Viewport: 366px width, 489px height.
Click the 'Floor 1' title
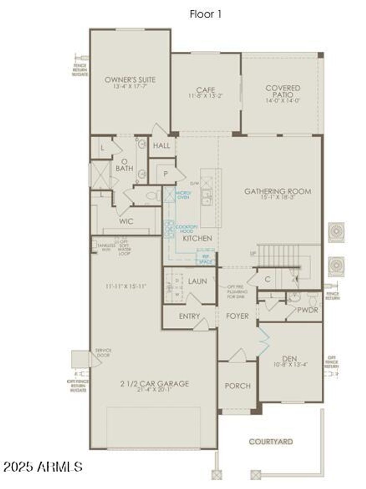(206, 14)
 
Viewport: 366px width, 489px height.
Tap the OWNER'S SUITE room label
(130, 80)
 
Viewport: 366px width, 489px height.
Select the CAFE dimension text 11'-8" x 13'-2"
(206, 96)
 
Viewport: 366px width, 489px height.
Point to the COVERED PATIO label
(283, 91)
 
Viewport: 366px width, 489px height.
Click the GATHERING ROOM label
(277, 191)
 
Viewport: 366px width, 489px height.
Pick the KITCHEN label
(197, 238)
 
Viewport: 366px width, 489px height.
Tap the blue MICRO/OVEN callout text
(183, 195)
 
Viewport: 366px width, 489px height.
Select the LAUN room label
(197, 281)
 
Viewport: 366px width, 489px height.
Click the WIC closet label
(126, 221)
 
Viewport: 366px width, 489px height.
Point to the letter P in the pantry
(165, 174)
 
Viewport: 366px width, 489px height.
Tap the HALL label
(162, 146)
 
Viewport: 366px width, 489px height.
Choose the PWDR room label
(307, 310)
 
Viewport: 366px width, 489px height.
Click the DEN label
(290, 358)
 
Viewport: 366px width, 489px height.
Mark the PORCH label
(238, 386)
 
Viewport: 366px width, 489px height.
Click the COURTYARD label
(271, 442)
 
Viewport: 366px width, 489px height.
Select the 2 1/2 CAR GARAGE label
(154, 384)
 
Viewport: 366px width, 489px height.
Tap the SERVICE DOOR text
(103, 353)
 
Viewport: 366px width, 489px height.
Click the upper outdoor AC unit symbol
(336, 232)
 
